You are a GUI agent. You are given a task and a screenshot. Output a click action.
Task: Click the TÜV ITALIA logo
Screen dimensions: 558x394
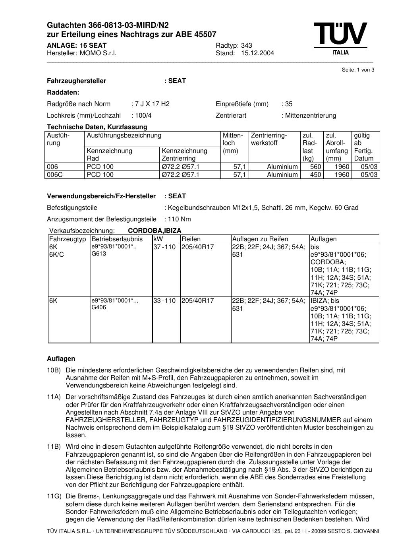click(x=340, y=39)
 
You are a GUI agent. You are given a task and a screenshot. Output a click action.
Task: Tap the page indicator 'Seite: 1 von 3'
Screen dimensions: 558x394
click(x=358, y=70)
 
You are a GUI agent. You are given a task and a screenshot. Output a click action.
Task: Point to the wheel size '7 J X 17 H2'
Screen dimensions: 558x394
click(x=152, y=104)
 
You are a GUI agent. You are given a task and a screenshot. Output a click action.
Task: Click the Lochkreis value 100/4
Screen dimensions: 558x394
click(x=143, y=116)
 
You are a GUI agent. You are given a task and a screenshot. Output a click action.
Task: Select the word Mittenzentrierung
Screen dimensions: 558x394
click(x=311, y=116)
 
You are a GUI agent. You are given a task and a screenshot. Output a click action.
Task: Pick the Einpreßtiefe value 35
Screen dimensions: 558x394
click(x=289, y=104)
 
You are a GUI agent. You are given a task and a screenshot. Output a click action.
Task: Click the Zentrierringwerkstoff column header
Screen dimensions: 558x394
click(x=269, y=139)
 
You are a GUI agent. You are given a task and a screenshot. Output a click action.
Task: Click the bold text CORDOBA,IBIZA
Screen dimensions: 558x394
click(x=155, y=231)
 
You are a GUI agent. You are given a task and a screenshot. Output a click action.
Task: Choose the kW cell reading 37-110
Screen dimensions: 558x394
click(x=164, y=247)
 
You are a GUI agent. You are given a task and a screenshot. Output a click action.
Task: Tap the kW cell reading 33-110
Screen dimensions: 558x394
click(x=164, y=301)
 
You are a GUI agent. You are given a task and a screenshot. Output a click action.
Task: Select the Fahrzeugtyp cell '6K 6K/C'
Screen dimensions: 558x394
click(x=56, y=251)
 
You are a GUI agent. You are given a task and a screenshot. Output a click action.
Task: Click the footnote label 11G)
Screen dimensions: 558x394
click(x=54, y=496)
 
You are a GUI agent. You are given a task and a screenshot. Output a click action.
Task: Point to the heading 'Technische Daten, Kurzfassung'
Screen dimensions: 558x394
click(x=97, y=127)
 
